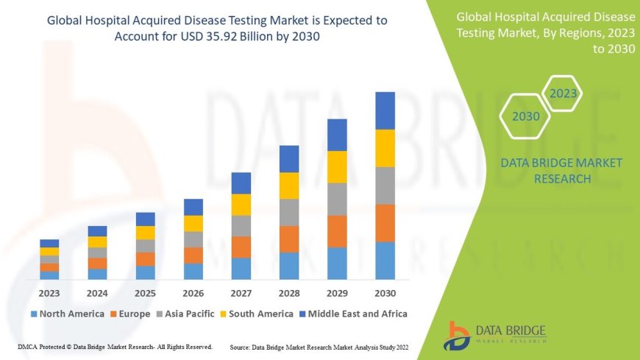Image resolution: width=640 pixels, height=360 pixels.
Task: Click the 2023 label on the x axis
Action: (49, 293)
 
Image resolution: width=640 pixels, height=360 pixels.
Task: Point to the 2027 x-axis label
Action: (241, 293)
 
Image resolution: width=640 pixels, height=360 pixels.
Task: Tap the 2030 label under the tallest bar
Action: (385, 293)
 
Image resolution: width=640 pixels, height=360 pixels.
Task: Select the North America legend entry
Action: (67, 314)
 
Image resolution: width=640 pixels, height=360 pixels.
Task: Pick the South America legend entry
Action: (257, 314)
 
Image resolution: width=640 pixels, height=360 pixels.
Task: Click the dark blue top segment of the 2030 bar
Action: (385, 110)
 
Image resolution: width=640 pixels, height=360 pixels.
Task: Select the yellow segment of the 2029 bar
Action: (337, 166)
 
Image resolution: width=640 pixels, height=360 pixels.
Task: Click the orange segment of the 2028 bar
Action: (289, 239)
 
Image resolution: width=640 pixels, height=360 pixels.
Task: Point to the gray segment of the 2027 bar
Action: (241, 225)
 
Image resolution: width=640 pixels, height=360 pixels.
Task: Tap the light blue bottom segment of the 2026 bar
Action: (193, 271)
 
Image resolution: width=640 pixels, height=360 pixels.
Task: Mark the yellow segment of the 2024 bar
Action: (97, 241)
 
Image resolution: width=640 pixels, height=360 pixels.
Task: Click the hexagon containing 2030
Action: (525, 116)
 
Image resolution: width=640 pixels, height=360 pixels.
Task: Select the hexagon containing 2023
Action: (563, 93)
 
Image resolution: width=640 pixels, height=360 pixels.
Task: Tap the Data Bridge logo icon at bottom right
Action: (458, 335)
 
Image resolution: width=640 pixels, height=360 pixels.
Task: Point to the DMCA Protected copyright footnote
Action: (115, 346)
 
